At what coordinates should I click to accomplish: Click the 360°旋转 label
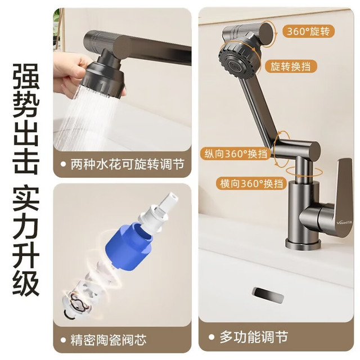(308, 31)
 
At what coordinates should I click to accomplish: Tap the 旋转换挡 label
(290, 66)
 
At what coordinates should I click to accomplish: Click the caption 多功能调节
(254, 337)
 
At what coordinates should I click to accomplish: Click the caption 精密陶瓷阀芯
(109, 340)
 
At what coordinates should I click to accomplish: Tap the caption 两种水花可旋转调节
(128, 164)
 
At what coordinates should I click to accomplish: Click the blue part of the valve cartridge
(129, 246)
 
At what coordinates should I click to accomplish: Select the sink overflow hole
(268, 295)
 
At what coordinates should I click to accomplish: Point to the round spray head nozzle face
(236, 65)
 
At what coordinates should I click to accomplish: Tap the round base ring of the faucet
(303, 244)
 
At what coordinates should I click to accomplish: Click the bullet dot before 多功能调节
(211, 337)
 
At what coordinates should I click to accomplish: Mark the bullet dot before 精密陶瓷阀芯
(63, 340)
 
